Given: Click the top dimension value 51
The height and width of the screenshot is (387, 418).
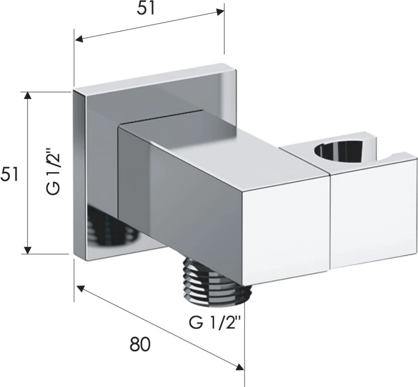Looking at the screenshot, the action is [x=146, y=9].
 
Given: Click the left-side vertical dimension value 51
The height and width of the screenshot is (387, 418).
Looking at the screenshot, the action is [x=9, y=174].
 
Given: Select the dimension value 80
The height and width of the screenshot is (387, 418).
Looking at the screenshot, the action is [x=140, y=344].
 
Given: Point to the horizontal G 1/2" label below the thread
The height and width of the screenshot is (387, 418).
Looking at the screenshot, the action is [x=215, y=323].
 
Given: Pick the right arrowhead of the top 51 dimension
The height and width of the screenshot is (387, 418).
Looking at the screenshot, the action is [x=220, y=12].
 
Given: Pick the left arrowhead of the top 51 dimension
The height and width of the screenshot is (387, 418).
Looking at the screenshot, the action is [x=79, y=39].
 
